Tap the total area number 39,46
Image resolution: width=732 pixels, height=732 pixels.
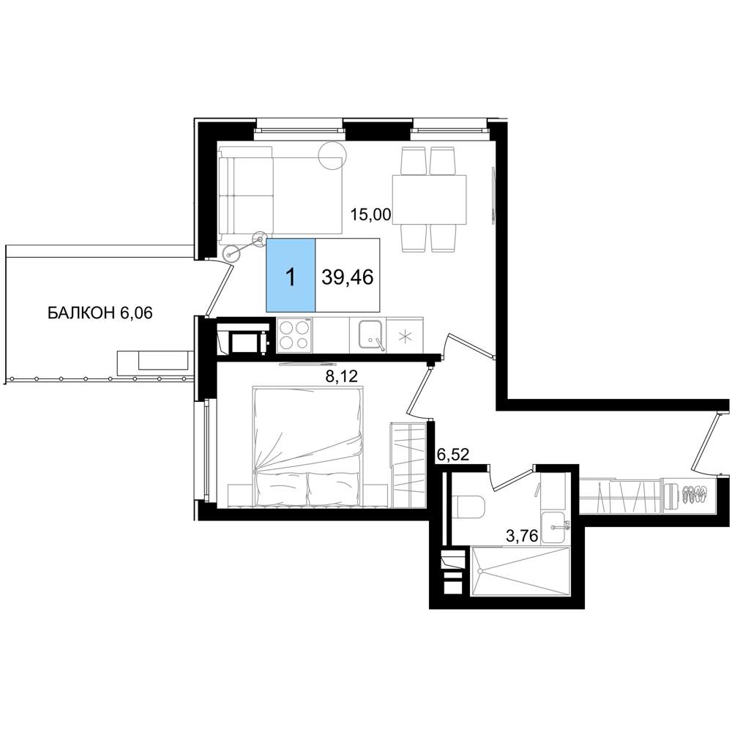348,277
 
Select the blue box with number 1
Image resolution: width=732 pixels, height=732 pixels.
291,275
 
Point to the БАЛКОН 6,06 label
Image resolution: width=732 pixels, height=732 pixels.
100,313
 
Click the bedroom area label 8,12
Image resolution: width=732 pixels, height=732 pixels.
342,376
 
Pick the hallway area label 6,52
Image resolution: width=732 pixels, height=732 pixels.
452,455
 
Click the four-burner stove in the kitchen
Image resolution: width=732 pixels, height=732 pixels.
295,335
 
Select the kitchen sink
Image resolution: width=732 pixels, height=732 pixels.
372,335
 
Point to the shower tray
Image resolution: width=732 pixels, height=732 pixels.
520,571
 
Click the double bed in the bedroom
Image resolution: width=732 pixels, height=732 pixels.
307,447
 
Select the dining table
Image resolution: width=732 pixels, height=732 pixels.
430,200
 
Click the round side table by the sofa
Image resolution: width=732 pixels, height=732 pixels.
332,154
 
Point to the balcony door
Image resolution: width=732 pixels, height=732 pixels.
219,288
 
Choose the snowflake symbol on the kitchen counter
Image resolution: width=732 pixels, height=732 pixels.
405,335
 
